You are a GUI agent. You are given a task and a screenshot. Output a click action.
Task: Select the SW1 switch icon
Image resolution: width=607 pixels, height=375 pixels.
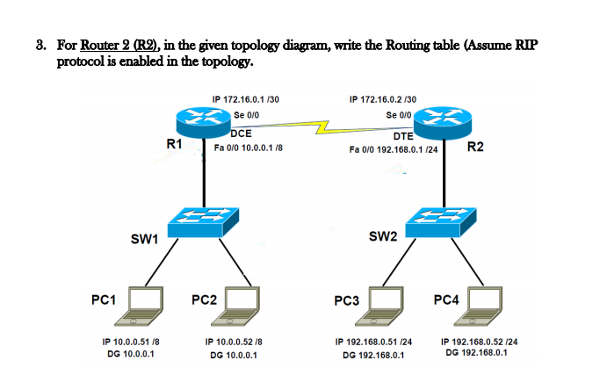coord(204,221)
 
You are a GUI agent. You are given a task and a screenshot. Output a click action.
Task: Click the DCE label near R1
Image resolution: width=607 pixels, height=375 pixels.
coord(241,133)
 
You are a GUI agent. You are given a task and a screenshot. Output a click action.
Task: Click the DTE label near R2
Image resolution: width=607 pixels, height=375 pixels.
coord(404,136)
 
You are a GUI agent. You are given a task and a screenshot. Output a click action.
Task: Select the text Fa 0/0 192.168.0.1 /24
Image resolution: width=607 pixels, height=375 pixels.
coord(393,149)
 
